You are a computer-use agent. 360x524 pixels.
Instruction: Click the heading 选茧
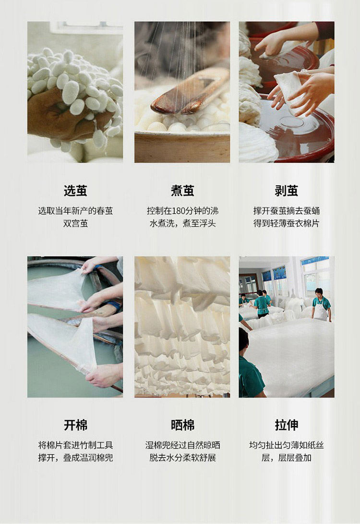coord(75,191)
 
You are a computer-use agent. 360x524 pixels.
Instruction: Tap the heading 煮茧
coord(182,191)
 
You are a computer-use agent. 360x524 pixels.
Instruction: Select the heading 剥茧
coord(286,191)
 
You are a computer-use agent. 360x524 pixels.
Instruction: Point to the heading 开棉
coord(75,425)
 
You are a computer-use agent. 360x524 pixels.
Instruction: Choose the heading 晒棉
coord(182,425)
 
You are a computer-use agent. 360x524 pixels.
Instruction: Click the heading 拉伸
coord(286,425)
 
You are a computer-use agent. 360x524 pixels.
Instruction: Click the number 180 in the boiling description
coord(179,211)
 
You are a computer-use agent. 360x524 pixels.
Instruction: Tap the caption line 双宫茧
coord(75,223)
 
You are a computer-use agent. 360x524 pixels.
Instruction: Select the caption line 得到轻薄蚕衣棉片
coord(286,223)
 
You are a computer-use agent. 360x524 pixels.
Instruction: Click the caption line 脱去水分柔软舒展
coord(182,458)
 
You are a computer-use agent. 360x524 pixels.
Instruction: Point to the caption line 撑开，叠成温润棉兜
coord(75,458)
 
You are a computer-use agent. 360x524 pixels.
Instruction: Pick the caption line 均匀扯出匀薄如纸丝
coord(286,445)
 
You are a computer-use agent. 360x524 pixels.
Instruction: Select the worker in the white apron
coord(321,305)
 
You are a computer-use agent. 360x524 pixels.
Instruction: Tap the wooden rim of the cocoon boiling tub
coord(182,147)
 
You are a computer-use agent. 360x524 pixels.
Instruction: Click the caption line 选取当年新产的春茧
coord(75,211)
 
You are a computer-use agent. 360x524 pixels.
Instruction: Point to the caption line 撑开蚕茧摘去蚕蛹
coord(286,211)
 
